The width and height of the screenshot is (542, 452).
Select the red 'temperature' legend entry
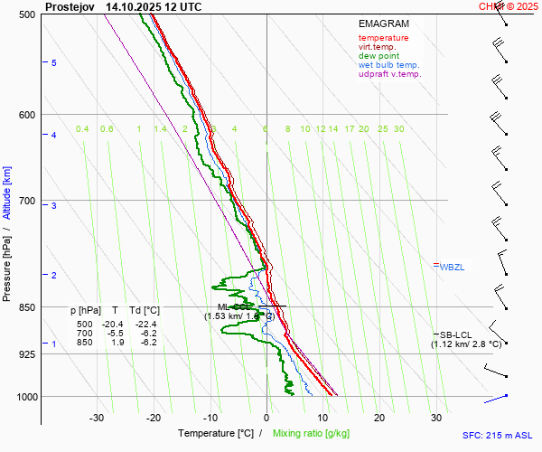click(383, 38)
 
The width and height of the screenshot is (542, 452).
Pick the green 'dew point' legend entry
click(379, 56)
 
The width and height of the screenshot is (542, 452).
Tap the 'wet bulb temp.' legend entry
click(388, 65)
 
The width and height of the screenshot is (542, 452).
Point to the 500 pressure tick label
click(27, 15)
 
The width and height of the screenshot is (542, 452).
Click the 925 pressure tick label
click(27, 354)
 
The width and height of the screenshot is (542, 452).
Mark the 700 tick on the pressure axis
click(27, 201)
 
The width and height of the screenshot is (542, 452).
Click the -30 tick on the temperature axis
click(98, 418)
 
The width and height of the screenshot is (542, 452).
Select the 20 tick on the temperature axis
click(379, 418)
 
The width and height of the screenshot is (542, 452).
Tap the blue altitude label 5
click(54, 62)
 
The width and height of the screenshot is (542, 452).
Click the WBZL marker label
click(452, 268)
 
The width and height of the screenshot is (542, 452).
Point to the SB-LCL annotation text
click(456, 334)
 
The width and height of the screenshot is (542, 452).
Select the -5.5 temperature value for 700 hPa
click(116, 334)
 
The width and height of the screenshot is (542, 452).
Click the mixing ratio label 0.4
click(82, 129)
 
